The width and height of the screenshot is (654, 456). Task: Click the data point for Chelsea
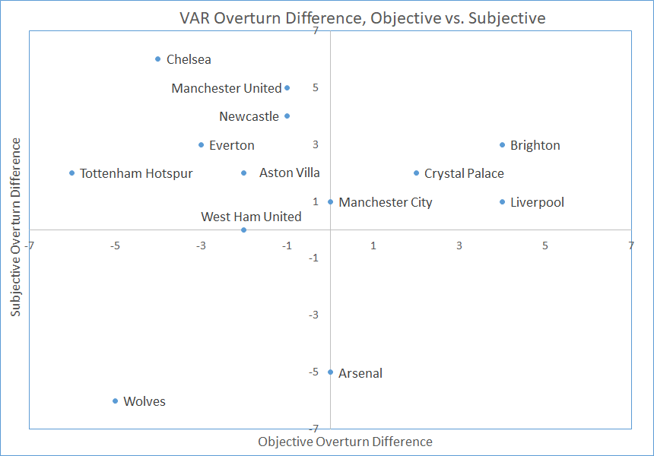pos(157,59)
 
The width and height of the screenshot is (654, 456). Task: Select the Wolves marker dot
pos(115,401)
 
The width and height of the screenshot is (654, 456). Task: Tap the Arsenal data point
pos(330,372)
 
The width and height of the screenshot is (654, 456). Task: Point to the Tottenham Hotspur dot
pos(71,173)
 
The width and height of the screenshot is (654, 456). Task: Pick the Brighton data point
pos(502,145)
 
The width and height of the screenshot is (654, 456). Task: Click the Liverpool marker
pos(502,202)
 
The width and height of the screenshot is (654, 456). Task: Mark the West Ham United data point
pos(244,230)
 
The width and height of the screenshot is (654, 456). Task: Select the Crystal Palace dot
pos(416,173)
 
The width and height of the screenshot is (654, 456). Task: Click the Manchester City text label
pos(386,203)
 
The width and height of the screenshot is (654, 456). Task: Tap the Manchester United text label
pos(227,88)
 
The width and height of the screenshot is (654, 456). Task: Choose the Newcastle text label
pos(249,116)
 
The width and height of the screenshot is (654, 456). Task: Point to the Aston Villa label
pos(290,173)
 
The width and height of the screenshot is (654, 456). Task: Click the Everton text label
pos(231,145)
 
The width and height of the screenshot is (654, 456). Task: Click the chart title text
pos(363,18)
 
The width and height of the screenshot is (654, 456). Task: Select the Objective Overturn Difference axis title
pos(345,442)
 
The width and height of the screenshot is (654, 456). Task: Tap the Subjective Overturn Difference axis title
pos(15,227)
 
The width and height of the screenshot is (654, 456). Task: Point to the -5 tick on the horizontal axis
pos(115,246)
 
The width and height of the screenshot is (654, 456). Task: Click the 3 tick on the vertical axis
pos(316,144)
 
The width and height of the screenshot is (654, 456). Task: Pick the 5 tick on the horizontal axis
pos(544,246)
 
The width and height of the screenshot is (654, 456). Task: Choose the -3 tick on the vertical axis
pos(313,315)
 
